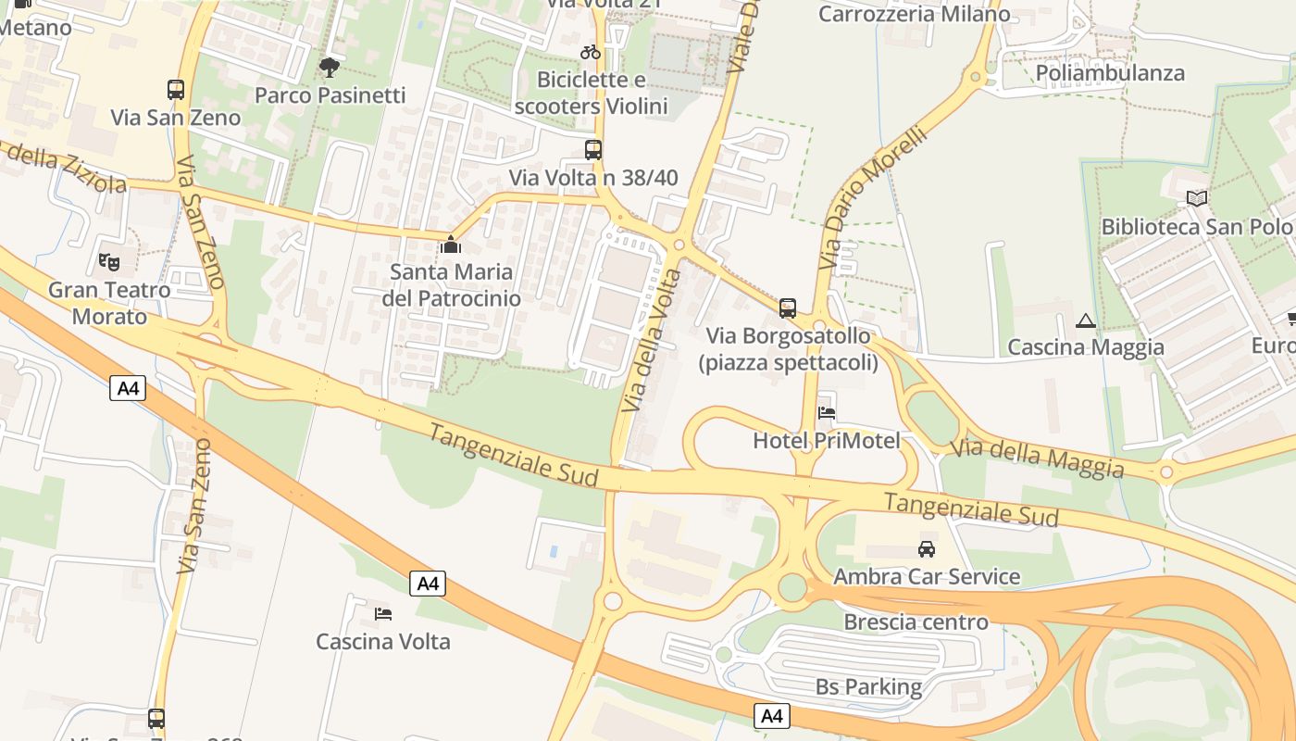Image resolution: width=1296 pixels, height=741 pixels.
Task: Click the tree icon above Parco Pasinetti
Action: point(329,67)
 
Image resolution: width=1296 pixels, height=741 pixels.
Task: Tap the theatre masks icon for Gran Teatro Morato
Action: point(109,262)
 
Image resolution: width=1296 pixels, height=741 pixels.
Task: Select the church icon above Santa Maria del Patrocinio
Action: point(451,245)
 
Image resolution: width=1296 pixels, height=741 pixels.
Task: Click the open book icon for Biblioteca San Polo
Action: point(1197,198)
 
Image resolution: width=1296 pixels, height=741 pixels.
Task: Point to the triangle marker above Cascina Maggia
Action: point(1085,321)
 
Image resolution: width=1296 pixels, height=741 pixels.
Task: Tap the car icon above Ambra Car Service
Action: point(926,549)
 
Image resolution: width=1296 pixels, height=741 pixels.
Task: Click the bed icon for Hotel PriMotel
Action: point(827,413)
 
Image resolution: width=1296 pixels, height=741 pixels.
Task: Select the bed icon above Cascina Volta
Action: point(383,613)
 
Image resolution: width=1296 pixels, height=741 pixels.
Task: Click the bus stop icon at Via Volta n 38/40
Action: point(593,150)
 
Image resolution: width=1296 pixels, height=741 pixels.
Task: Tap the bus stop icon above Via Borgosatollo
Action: point(788,308)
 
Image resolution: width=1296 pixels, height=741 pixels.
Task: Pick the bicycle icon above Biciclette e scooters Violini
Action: point(591,52)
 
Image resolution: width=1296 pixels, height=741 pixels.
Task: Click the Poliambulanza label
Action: point(1110,73)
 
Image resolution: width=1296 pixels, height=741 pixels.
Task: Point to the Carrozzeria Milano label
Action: point(915,14)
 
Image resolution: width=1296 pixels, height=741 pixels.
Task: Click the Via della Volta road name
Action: point(652,341)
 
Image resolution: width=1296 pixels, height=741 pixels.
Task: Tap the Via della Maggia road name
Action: point(1037,457)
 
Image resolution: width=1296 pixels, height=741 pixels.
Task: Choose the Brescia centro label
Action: point(916,622)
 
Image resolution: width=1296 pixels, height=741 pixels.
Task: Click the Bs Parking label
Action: point(868,686)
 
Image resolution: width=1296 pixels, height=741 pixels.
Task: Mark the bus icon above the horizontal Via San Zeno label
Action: point(176,90)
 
